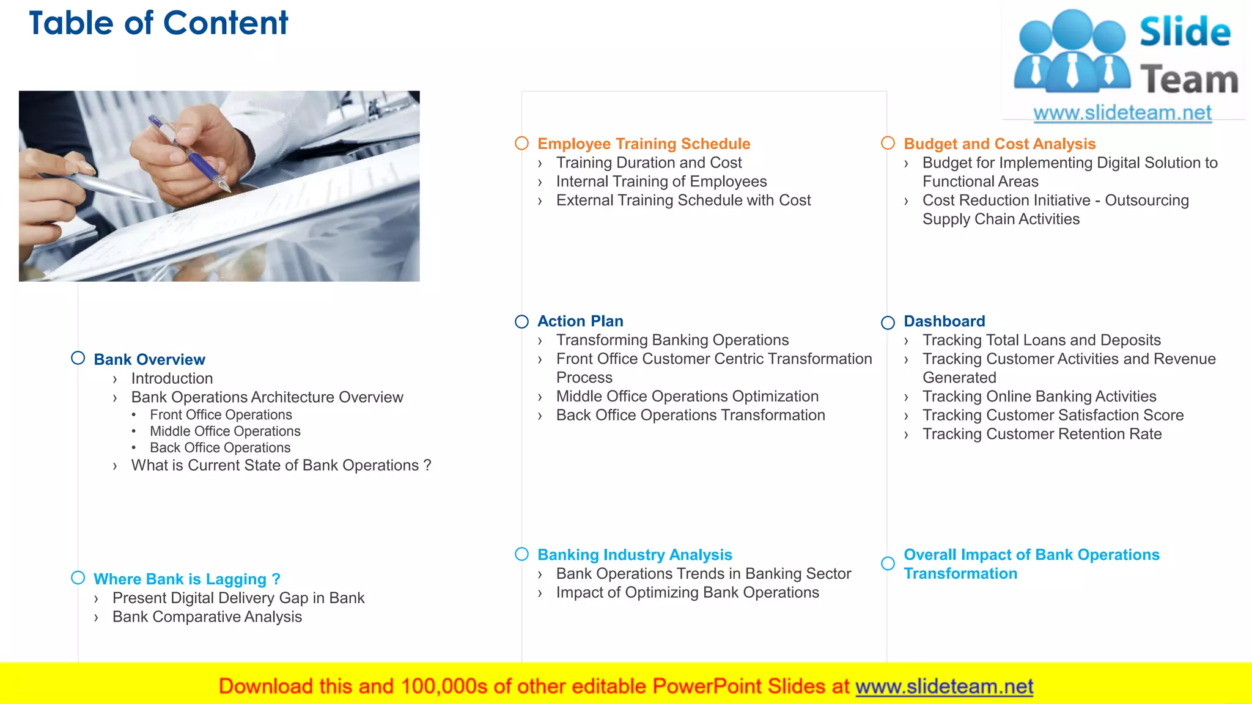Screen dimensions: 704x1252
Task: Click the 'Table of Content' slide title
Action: point(158,24)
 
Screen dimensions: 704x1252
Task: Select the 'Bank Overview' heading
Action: point(149,359)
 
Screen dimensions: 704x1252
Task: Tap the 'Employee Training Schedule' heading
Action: point(643,144)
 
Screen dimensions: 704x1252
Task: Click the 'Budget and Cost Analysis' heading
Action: point(999,144)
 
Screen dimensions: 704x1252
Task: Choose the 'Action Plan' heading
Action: point(580,321)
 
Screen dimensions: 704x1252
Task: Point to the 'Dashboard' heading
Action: point(944,321)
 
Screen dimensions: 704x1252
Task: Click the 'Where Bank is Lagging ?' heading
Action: point(186,579)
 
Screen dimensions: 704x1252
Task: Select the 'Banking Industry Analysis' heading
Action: point(634,554)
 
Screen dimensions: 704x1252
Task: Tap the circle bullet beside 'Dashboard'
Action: point(888,323)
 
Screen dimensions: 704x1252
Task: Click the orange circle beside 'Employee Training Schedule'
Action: point(521,143)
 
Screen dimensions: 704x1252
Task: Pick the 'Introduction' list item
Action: point(172,378)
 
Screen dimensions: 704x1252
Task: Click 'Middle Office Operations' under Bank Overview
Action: point(225,431)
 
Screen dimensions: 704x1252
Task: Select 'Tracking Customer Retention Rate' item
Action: point(1042,434)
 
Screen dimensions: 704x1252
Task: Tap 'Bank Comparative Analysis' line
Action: point(207,617)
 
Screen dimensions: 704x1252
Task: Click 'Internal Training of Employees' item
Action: point(661,182)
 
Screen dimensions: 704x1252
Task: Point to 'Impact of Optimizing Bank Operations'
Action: point(687,592)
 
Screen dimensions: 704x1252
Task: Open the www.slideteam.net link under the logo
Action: point(1122,112)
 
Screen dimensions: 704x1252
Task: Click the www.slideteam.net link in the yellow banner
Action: point(944,686)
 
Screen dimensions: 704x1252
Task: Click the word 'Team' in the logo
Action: point(1188,80)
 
